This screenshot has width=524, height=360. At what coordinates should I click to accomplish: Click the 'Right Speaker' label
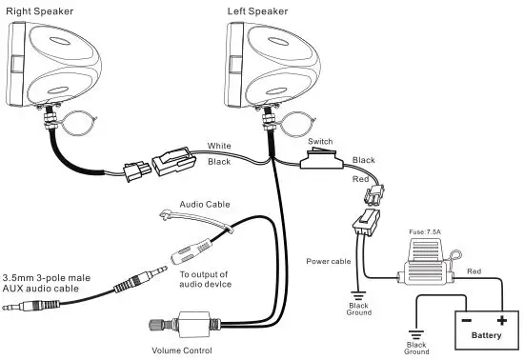[37, 11]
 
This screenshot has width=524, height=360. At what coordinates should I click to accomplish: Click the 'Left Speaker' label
[257, 11]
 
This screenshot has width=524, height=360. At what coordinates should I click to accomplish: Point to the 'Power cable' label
[329, 260]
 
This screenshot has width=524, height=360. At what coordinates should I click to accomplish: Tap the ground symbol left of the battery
[414, 334]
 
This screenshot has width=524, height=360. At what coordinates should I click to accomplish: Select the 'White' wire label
[219, 146]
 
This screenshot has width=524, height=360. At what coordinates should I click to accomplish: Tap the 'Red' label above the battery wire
[474, 271]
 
